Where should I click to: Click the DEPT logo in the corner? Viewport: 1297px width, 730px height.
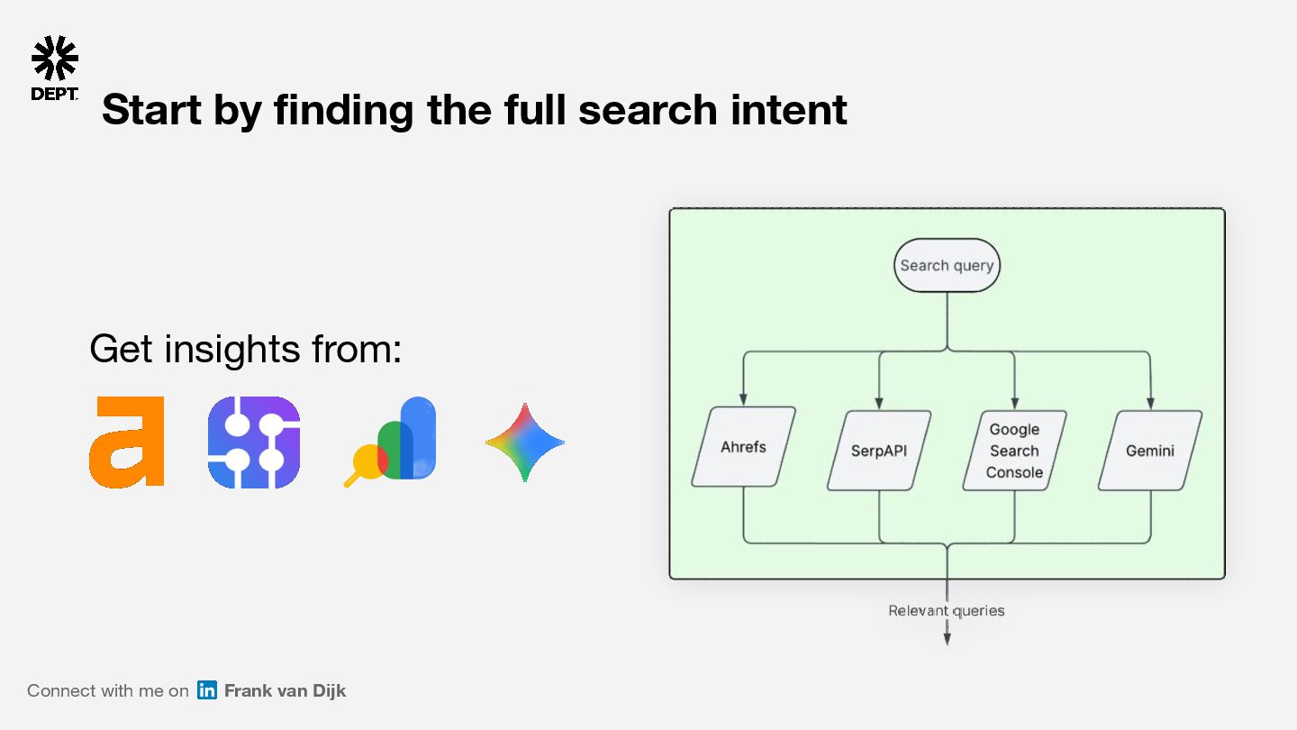click(x=54, y=68)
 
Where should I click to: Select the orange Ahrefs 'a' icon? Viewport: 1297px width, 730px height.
click(x=127, y=443)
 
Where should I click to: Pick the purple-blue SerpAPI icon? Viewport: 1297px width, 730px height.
click(x=253, y=443)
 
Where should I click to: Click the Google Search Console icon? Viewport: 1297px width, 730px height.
click(x=391, y=441)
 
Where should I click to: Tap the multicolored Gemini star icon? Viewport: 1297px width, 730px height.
click(x=524, y=443)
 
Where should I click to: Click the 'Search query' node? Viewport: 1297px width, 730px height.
click(x=947, y=266)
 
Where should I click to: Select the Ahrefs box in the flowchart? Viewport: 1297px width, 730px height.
click(x=743, y=447)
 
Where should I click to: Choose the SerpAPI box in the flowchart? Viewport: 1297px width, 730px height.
click(x=879, y=451)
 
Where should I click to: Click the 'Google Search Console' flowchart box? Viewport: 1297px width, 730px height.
click(x=1014, y=451)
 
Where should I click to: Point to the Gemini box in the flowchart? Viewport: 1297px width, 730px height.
click(x=1150, y=451)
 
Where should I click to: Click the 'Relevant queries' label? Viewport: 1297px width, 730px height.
click(x=947, y=611)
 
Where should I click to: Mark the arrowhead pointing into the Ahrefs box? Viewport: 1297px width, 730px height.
click(x=743, y=399)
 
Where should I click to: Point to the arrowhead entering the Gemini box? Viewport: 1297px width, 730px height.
click(x=1150, y=403)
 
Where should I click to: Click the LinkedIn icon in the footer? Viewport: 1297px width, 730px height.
click(x=207, y=690)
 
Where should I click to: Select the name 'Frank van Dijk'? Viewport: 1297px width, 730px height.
click(x=285, y=691)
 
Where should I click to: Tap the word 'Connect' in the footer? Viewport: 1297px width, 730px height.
click(x=61, y=691)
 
